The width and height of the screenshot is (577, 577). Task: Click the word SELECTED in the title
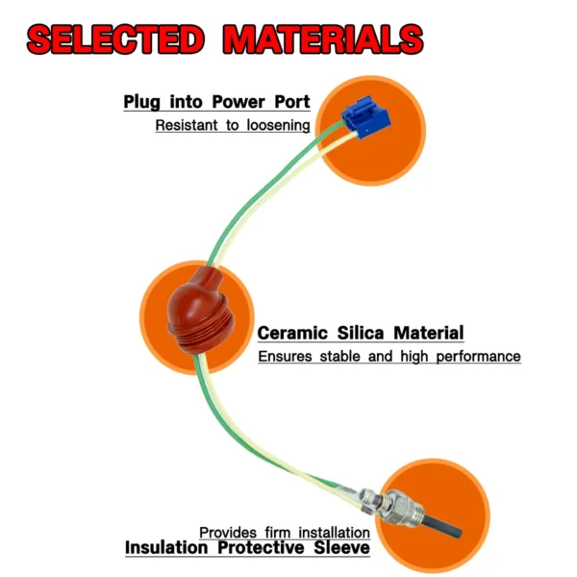click(115, 39)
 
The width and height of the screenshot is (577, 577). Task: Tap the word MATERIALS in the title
click(323, 39)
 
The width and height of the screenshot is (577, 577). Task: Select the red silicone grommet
click(199, 312)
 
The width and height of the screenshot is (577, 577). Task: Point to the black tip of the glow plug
click(442, 525)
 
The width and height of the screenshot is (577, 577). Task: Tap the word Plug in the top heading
click(142, 102)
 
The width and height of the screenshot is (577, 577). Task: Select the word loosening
click(278, 125)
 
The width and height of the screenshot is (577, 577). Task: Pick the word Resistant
click(187, 125)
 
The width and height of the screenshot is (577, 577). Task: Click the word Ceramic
click(292, 333)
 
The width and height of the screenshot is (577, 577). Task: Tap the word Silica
click(361, 333)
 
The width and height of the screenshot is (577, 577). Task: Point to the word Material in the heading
click(428, 333)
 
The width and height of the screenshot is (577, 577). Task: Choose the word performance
click(478, 357)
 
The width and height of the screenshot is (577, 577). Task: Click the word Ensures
click(286, 357)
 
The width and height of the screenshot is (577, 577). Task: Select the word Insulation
click(166, 547)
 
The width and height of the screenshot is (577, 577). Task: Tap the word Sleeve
click(341, 547)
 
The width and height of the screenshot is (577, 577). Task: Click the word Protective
click(261, 547)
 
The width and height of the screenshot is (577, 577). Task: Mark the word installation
click(334, 532)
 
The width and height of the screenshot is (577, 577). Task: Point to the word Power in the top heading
click(238, 102)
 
